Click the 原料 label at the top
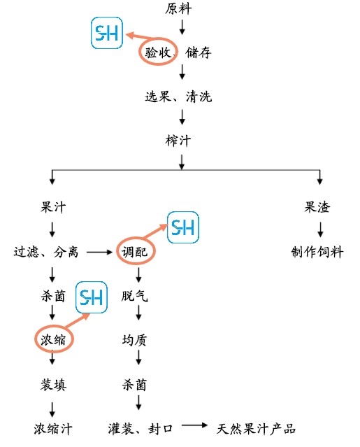[178, 8]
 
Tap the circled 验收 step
[157, 52]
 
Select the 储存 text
[199, 52]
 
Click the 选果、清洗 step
[178, 97]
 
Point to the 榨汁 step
[178, 141]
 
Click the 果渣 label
[317, 207]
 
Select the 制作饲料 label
[317, 252]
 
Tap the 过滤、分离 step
[46, 252]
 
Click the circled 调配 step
[135, 252]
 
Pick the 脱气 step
[135, 296]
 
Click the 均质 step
[135, 340]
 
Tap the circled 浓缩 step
[53, 339]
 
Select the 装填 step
[53, 385]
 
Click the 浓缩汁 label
[53, 429]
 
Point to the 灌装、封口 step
[141, 429]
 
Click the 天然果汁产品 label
[256, 429]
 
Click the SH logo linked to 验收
[107, 33]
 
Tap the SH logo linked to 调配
[183, 227]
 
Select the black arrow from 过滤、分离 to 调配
[100, 252]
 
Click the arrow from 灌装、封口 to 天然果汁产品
[195, 425]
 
